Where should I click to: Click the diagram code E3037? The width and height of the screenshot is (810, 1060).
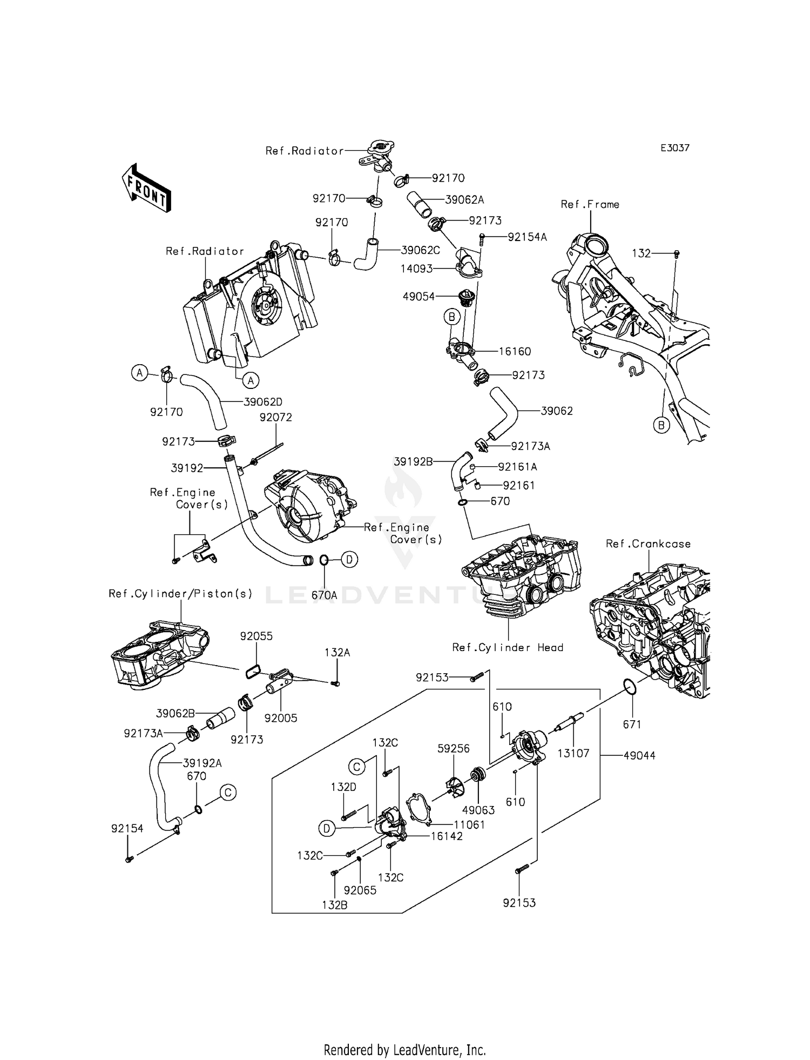coord(674,148)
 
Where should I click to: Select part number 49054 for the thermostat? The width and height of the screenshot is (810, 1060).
coord(418,296)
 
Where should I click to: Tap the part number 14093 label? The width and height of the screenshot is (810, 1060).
coord(416,269)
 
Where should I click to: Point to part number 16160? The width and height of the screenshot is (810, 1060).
coord(514,352)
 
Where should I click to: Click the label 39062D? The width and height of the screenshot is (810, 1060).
coord(263,402)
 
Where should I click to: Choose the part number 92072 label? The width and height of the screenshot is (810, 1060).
coord(275,418)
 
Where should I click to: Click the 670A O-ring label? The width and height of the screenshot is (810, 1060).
coord(324,595)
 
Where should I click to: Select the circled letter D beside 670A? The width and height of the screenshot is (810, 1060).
coord(349,560)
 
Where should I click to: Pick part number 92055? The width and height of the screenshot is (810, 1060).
coord(256,636)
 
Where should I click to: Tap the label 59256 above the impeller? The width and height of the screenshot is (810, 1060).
coord(453,749)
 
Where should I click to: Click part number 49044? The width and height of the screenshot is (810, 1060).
coord(639,756)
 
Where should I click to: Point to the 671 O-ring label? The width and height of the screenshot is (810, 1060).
coord(632,724)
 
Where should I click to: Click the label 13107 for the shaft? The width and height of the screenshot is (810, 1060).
coord(573,753)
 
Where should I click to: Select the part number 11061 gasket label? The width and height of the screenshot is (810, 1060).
coord(469,825)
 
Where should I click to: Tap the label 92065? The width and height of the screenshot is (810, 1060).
coord(360,890)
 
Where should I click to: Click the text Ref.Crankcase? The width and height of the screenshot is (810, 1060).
coord(648,544)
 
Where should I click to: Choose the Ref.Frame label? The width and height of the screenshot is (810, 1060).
coord(590,204)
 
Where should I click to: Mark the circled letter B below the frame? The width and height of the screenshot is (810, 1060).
coord(661,425)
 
